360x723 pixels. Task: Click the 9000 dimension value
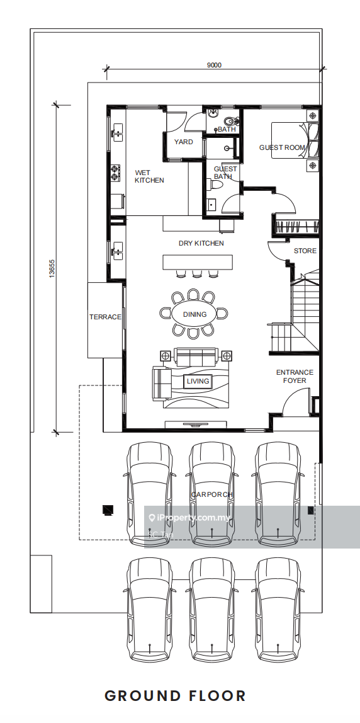pyautogui.click(x=214, y=65)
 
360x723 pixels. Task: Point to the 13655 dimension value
pyautogui.click(x=52, y=268)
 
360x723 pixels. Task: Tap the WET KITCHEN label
pyautogui.click(x=149, y=176)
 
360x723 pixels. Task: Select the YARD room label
pyautogui.click(x=183, y=142)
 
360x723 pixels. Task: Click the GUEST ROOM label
pyautogui.click(x=282, y=147)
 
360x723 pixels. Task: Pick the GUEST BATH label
pyautogui.click(x=225, y=173)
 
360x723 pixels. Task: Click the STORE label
pyautogui.click(x=305, y=251)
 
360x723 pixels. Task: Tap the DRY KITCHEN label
pyautogui.click(x=201, y=243)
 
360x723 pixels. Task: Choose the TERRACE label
pyautogui.click(x=105, y=317)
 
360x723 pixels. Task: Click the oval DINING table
pyautogui.click(x=195, y=314)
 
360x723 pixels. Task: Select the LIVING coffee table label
pyautogui.click(x=198, y=381)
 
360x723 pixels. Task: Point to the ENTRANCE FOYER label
pyautogui.click(x=295, y=376)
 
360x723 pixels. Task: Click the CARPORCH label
pyautogui.click(x=212, y=495)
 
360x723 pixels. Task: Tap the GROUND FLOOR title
pyautogui.click(x=175, y=696)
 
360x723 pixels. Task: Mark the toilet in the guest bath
pyautogui.click(x=216, y=185)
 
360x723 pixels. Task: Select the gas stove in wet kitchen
pyautogui.click(x=115, y=173)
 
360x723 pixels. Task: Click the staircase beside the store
pyautogui.click(x=294, y=314)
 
